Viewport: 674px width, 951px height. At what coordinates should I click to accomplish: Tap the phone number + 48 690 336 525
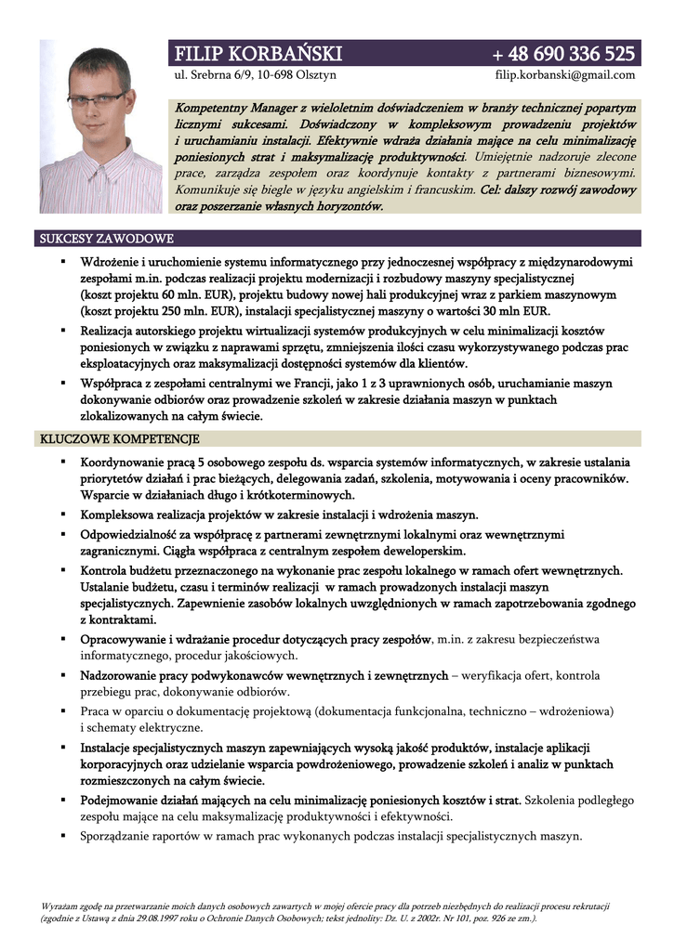564,52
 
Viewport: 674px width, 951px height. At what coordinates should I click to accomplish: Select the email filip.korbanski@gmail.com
566,75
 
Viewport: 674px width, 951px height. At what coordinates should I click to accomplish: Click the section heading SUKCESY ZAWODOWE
101,239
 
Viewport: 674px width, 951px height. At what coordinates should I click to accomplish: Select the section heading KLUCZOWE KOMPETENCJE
116,438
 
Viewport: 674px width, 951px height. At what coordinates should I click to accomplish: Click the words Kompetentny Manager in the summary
235,108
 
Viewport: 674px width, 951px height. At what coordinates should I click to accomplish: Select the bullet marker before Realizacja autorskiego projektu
61,330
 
